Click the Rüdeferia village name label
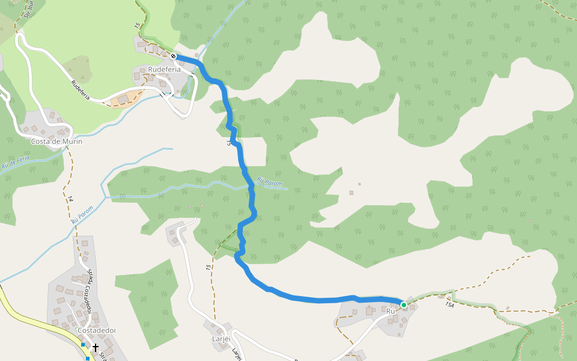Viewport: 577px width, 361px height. coord(164,70)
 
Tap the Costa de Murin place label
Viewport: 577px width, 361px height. coord(56,141)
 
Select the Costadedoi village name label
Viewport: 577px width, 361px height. coord(96,330)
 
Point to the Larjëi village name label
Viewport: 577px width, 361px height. coord(221,339)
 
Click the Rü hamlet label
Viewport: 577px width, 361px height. coord(390,311)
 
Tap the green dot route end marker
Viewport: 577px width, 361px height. coord(404,305)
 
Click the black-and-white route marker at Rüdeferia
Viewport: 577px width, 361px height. coord(173,56)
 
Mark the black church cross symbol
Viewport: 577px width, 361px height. coord(95,347)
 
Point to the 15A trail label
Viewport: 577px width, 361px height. coord(450,304)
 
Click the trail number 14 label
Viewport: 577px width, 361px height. coord(70,199)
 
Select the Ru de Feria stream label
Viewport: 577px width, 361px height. coord(16,162)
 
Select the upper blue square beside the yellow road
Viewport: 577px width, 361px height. coord(83,345)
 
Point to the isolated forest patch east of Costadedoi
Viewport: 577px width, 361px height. coord(146,301)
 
